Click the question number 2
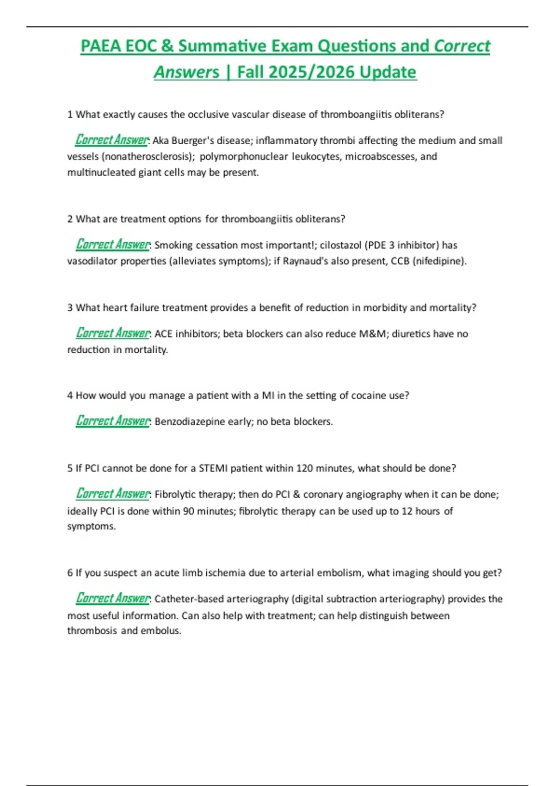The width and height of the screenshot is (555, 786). [x=70, y=219]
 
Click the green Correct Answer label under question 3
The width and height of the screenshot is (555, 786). [x=113, y=333]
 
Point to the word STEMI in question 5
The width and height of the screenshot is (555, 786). [x=213, y=468]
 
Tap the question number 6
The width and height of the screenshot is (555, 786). [x=70, y=573]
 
